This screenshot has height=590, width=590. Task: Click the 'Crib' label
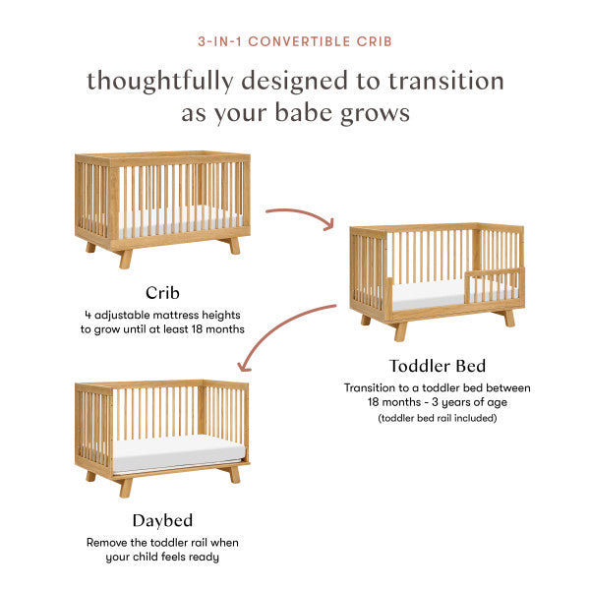[162, 292]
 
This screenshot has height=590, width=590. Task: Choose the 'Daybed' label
[162, 519]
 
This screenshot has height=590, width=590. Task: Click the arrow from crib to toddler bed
[301, 214]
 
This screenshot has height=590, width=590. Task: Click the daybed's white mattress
[177, 451]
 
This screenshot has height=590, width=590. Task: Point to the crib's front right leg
[233, 246]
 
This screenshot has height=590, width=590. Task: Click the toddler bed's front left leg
[400, 330]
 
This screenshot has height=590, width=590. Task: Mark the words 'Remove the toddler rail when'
[162, 542]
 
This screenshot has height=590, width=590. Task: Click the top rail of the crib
[163, 157]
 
